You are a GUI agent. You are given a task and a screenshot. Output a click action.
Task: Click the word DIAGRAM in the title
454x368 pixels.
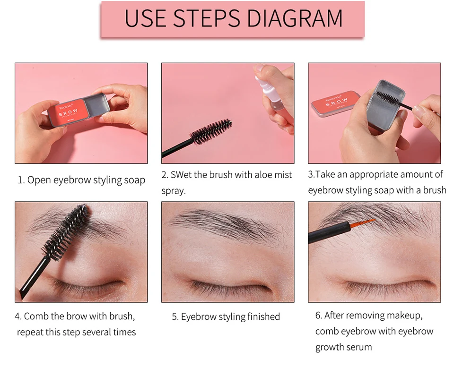point(295,18)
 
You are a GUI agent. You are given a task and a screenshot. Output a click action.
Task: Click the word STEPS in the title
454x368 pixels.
point(207,18)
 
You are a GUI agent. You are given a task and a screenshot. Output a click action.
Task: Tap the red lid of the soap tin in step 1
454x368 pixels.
point(68,112)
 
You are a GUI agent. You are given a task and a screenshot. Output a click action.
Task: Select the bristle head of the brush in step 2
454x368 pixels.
point(211,131)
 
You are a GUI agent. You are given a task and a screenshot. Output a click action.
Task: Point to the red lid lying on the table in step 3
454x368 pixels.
point(335,103)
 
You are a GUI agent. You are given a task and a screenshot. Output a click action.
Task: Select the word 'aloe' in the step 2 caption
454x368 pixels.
point(263,175)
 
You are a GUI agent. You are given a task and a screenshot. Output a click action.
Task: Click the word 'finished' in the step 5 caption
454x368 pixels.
point(263,317)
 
